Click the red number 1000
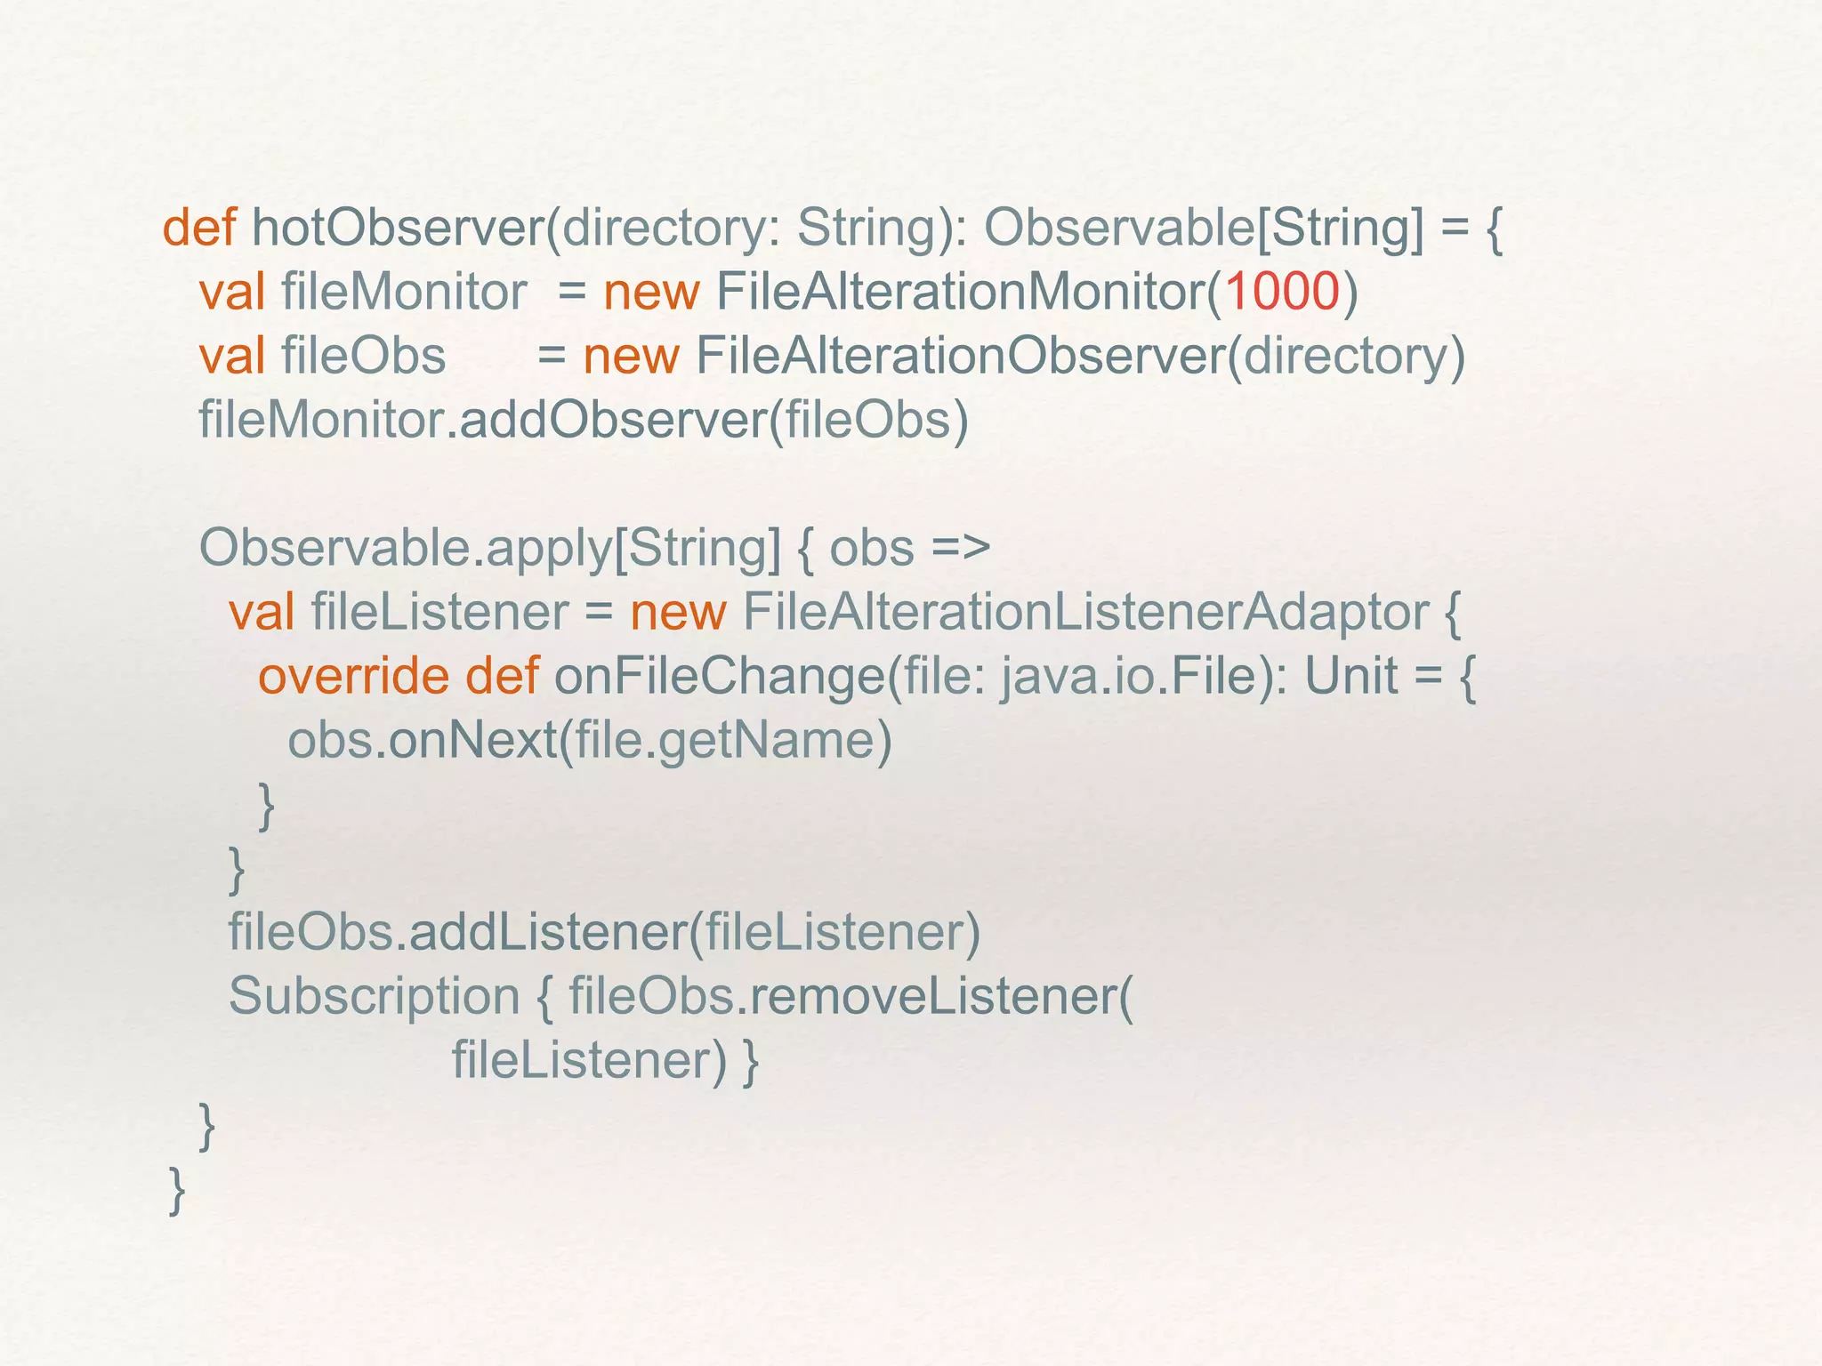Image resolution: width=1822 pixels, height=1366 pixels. [1282, 292]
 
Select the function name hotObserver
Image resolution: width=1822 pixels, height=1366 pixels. [397, 228]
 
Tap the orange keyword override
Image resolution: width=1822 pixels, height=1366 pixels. [353, 676]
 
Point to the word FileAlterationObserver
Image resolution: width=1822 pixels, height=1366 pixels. [960, 356]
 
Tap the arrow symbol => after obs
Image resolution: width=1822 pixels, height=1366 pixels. [961, 548]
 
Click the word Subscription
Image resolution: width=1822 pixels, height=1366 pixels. [374, 996]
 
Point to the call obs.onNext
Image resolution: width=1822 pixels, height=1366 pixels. [422, 740]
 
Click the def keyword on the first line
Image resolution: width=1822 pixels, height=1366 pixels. [198, 228]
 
